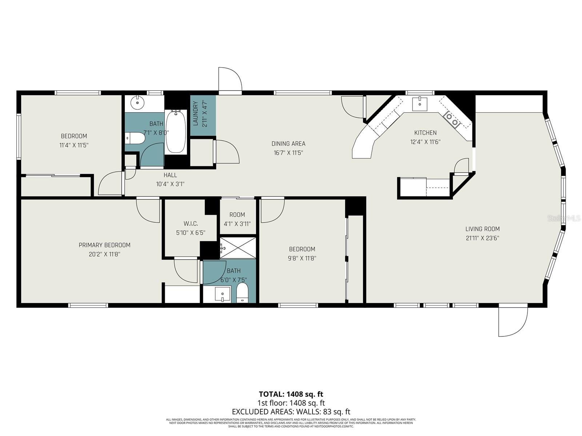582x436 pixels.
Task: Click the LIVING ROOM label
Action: pos(482,229)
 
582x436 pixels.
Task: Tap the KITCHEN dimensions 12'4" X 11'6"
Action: pos(425,142)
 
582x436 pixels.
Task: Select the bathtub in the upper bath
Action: pos(176,132)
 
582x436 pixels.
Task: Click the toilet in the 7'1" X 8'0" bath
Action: pos(134,138)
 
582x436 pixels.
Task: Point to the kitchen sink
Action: pos(419,104)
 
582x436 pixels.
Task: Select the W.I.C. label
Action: pos(191,223)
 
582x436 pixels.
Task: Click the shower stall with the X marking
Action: pos(238,248)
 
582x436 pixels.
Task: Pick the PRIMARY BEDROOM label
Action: pos(104,245)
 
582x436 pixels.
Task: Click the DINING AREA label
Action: pos(288,144)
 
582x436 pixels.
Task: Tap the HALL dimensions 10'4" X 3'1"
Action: pos(170,184)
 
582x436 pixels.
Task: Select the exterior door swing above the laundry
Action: pos(230,80)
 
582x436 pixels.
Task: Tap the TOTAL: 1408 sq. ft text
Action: pos(291,394)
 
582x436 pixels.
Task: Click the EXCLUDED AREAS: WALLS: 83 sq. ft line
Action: pos(291,412)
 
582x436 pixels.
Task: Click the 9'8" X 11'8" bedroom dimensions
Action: pos(302,259)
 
